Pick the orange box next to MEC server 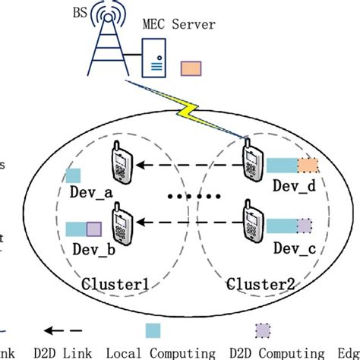pyautogui.click(x=190, y=68)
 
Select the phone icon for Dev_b pyautogui.click(x=120, y=226)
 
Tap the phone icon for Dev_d pyautogui.click(x=250, y=163)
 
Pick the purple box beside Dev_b pyautogui.click(x=93, y=228)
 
